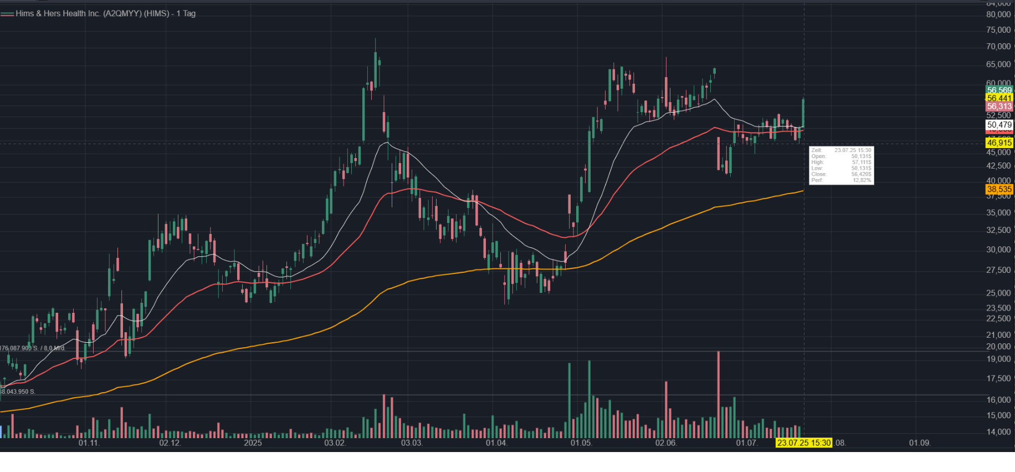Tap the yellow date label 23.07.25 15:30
click(803, 443)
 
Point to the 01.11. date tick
click(89, 443)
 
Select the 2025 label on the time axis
click(253, 443)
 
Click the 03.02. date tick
click(335, 443)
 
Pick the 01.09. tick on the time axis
click(920, 443)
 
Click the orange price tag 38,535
click(999, 189)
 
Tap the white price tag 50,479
click(999, 125)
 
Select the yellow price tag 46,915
click(999, 143)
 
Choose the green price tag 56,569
click(999, 90)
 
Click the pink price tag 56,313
click(999, 106)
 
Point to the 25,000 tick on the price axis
click(999, 293)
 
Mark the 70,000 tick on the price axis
click(999, 46)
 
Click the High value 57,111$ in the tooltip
click(861, 162)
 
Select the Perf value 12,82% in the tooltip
click(862, 180)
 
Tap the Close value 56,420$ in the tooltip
click(861, 174)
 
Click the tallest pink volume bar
click(719, 394)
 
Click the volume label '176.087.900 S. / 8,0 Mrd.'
click(33, 348)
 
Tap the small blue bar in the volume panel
click(1, 432)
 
